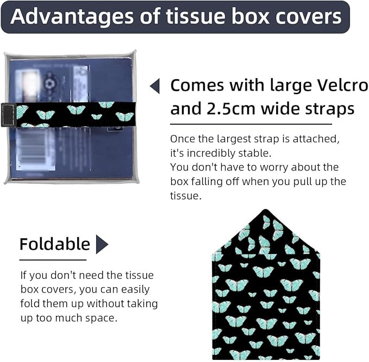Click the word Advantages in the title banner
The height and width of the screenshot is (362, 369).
click(72, 16)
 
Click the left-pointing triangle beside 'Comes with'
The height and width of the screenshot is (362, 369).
click(155, 86)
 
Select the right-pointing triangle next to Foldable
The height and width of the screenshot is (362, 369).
click(102, 244)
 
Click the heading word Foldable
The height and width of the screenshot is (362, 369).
click(55, 244)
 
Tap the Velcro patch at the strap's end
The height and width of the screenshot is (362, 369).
click(8, 115)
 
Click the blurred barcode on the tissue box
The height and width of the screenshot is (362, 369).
click(35, 150)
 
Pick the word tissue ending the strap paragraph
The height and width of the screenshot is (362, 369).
click(186, 196)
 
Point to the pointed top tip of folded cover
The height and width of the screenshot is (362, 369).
click(265, 209)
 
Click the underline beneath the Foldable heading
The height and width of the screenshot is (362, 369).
click(53, 260)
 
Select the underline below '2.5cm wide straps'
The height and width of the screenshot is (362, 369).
click(251, 124)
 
